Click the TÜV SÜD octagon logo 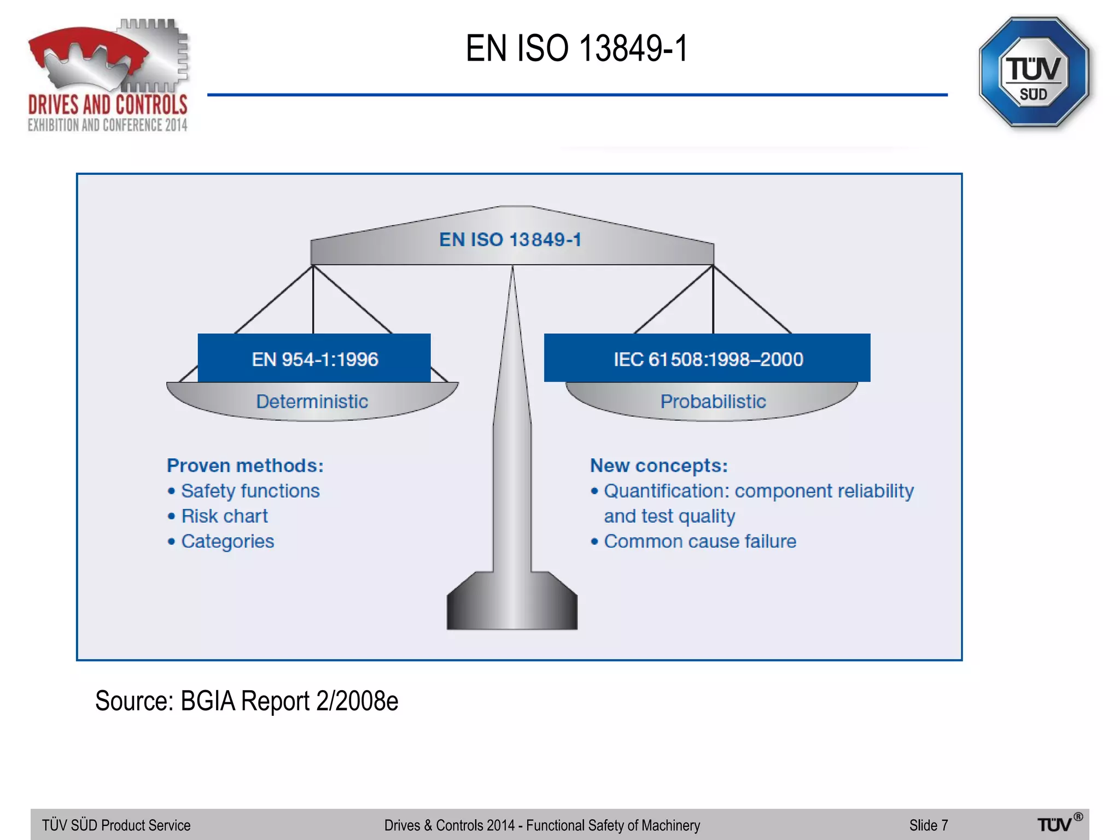1034,73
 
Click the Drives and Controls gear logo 108,75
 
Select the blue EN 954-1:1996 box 314,358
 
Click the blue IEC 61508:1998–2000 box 707,358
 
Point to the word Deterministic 312,401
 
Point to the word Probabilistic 713,401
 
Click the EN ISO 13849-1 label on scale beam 510,240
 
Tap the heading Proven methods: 245,465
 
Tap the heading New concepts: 658,465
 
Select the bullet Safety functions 250,491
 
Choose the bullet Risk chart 224,516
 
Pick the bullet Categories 227,541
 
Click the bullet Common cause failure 699,541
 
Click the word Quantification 666,491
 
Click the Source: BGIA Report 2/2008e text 247,701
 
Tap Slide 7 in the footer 928,825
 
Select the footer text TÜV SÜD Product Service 116,825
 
